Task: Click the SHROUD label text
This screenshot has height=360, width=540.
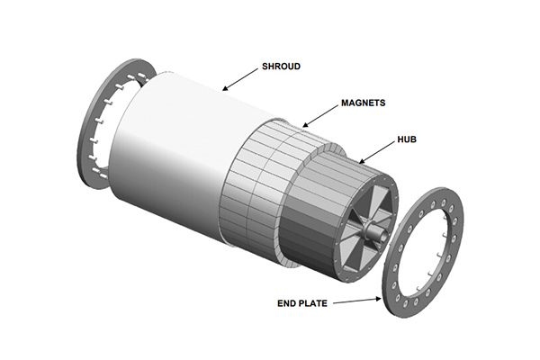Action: click(281, 66)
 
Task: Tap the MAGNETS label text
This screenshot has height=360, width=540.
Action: click(363, 103)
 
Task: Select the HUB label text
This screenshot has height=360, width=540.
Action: click(407, 139)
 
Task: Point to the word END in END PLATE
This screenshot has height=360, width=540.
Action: click(286, 303)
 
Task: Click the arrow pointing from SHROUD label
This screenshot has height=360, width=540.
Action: click(240, 79)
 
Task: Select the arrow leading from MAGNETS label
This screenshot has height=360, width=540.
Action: click(319, 116)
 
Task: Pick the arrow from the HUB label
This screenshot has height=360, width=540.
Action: click(376, 152)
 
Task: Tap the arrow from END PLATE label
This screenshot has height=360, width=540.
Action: click(357, 301)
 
